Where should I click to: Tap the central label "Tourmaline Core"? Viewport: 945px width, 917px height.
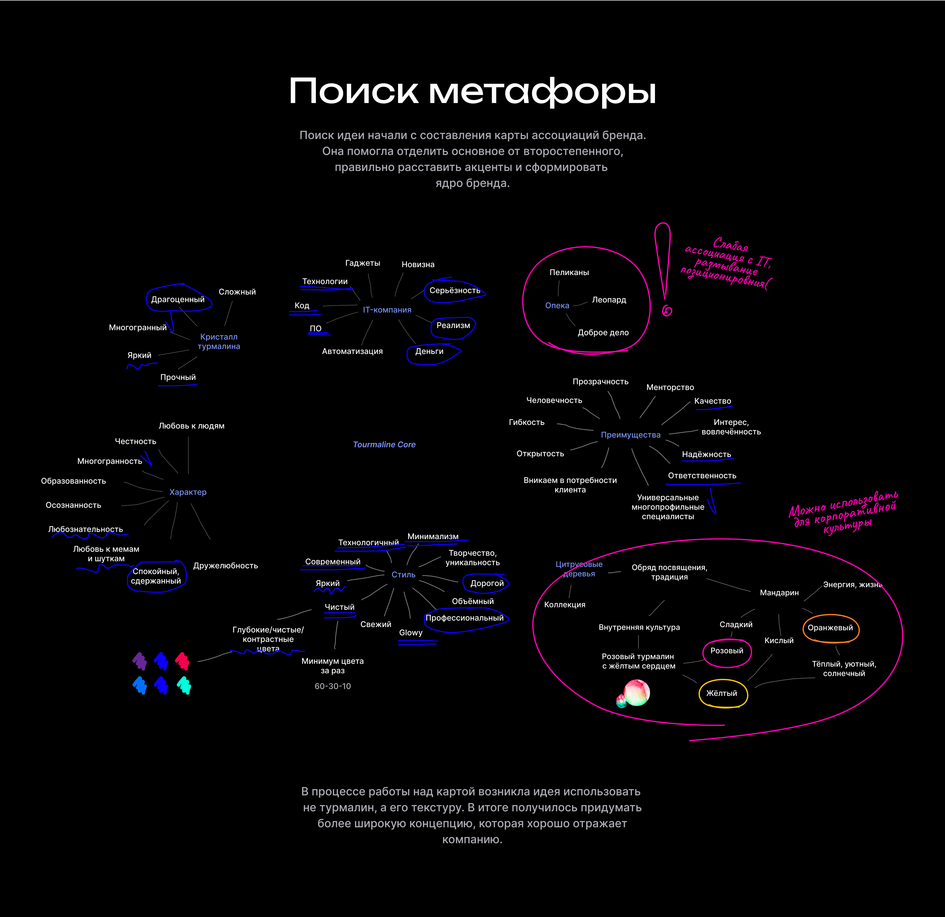click(x=384, y=444)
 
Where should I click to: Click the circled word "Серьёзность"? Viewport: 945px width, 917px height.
click(x=455, y=290)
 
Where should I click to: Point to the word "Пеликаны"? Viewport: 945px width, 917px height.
click(x=569, y=272)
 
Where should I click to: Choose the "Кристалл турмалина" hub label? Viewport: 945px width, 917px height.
click(x=219, y=342)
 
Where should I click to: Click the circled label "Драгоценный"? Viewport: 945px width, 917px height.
click(x=177, y=300)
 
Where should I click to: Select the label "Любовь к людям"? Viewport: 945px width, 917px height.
click(x=191, y=426)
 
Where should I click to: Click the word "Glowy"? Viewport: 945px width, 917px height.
click(x=410, y=632)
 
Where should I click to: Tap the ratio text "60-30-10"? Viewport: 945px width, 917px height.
click(x=333, y=686)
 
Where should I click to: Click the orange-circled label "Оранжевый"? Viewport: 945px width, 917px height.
click(x=830, y=628)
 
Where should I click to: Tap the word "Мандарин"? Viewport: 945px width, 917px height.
click(x=779, y=593)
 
